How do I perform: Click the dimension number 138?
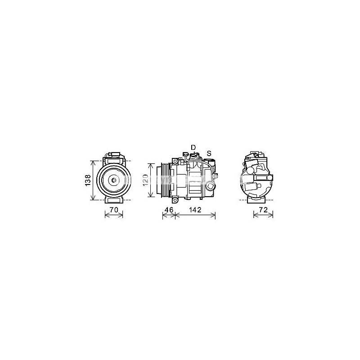pos(88,180)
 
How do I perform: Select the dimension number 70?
pos(114,210)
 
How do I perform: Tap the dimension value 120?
pos(145,180)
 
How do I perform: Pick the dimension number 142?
pos(195,210)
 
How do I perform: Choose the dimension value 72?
pos(263,210)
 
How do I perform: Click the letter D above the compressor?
pos(193,148)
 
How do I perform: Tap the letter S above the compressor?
pos(209,153)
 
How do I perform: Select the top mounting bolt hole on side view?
pos(175,161)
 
